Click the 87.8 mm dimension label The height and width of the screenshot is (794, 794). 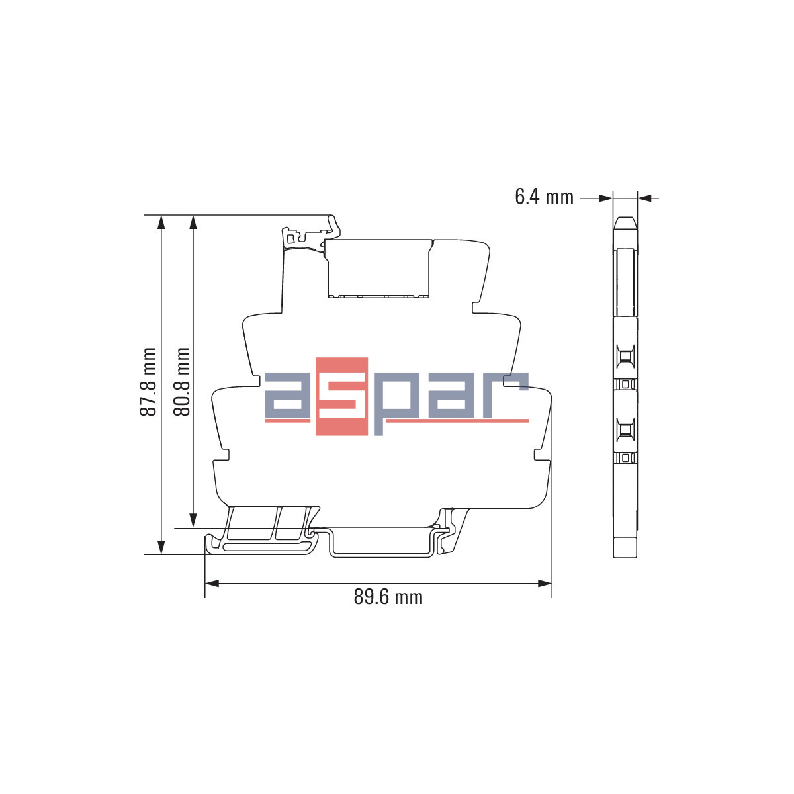(x=148, y=382)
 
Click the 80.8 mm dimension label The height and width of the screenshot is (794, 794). (x=181, y=382)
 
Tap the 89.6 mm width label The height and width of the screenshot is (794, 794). (x=388, y=597)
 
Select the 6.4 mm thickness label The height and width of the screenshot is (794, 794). (x=544, y=197)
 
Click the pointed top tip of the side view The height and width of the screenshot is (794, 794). (x=625, y=219)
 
